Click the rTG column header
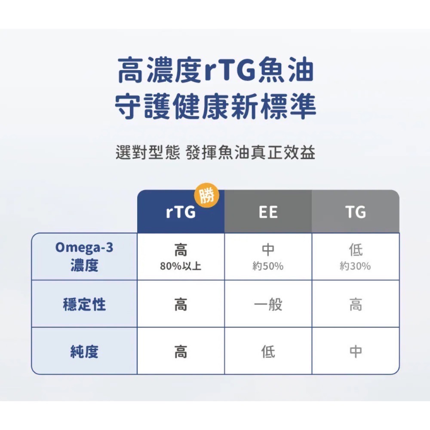pyautogui.click(x=181, y=212)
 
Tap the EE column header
pyautogui.click(x=268, y=212)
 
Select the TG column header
pyautogui.click(x=355, y=212)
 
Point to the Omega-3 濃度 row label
pyautogui.click(x=84, y=257)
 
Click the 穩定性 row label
pyautogui.click(x=84, y=305)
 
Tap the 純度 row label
pyautogui.click(x=84, y=352)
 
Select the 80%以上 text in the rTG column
pyautogui.click(x=181, y=267)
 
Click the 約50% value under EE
pyautogui.click(x=268, y=267)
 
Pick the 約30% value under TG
pyautogui.click(x=355, y=267)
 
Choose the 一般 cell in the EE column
pyautogui.click(x=268, y=305)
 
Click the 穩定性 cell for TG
pyautogui.click(x=355, y=305)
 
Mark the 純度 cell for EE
pyautogui.click(x=268, y=352)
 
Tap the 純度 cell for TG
pyautogui.click(x=355, y=352)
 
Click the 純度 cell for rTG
pyautogui.click(x=181, y=352)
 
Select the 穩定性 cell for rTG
pyautogui.click(x=181, y=305)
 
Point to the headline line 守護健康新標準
pyautogui.click(x=215, y=106)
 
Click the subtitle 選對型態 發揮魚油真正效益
pyautogui.click(x=215, y=153)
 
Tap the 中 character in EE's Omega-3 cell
pyautogui.click(x=268, y=250)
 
